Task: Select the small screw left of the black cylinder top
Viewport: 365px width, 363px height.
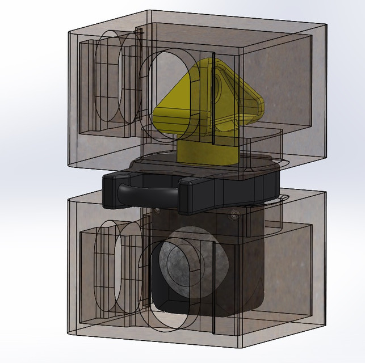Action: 157,210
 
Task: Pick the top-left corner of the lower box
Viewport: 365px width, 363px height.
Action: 68,199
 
